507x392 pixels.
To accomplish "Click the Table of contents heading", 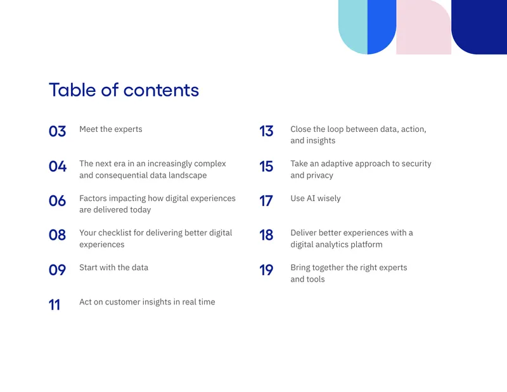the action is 124,89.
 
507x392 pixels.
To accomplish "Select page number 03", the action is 57,131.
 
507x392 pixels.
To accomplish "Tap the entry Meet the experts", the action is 110,129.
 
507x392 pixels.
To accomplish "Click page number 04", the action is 58,166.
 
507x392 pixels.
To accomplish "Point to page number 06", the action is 57,201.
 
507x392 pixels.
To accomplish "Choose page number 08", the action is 57,235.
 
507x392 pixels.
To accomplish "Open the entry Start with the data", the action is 114,268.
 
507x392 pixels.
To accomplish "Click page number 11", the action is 55,305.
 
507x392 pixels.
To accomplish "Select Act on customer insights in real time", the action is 147,302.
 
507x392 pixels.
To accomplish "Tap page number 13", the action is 266,131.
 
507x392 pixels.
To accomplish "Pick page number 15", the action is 266,166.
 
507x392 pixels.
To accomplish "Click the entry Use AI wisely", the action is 316,199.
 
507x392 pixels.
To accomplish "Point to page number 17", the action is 266,201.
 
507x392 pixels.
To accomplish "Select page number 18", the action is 266,235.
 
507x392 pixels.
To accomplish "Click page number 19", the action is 266,270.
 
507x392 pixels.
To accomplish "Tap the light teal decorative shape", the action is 353,26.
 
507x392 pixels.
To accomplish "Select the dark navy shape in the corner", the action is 479,26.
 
